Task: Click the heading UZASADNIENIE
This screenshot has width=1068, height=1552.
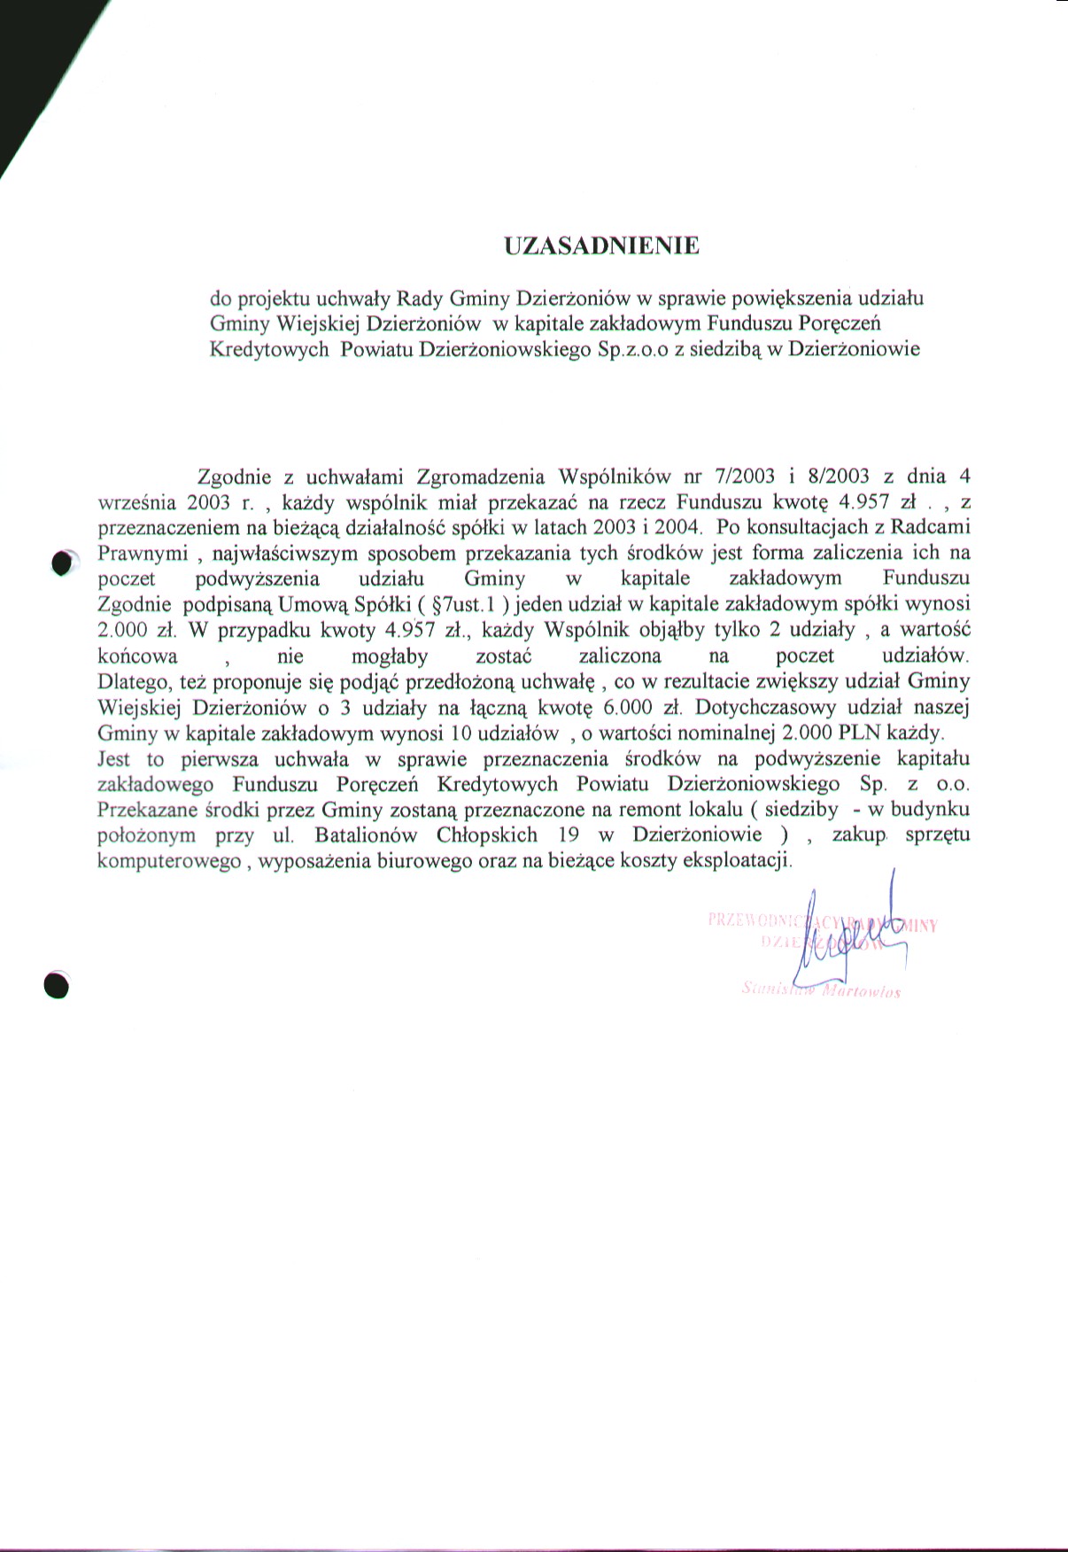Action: (601, 246)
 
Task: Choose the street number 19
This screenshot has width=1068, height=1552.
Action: (569, 835)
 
